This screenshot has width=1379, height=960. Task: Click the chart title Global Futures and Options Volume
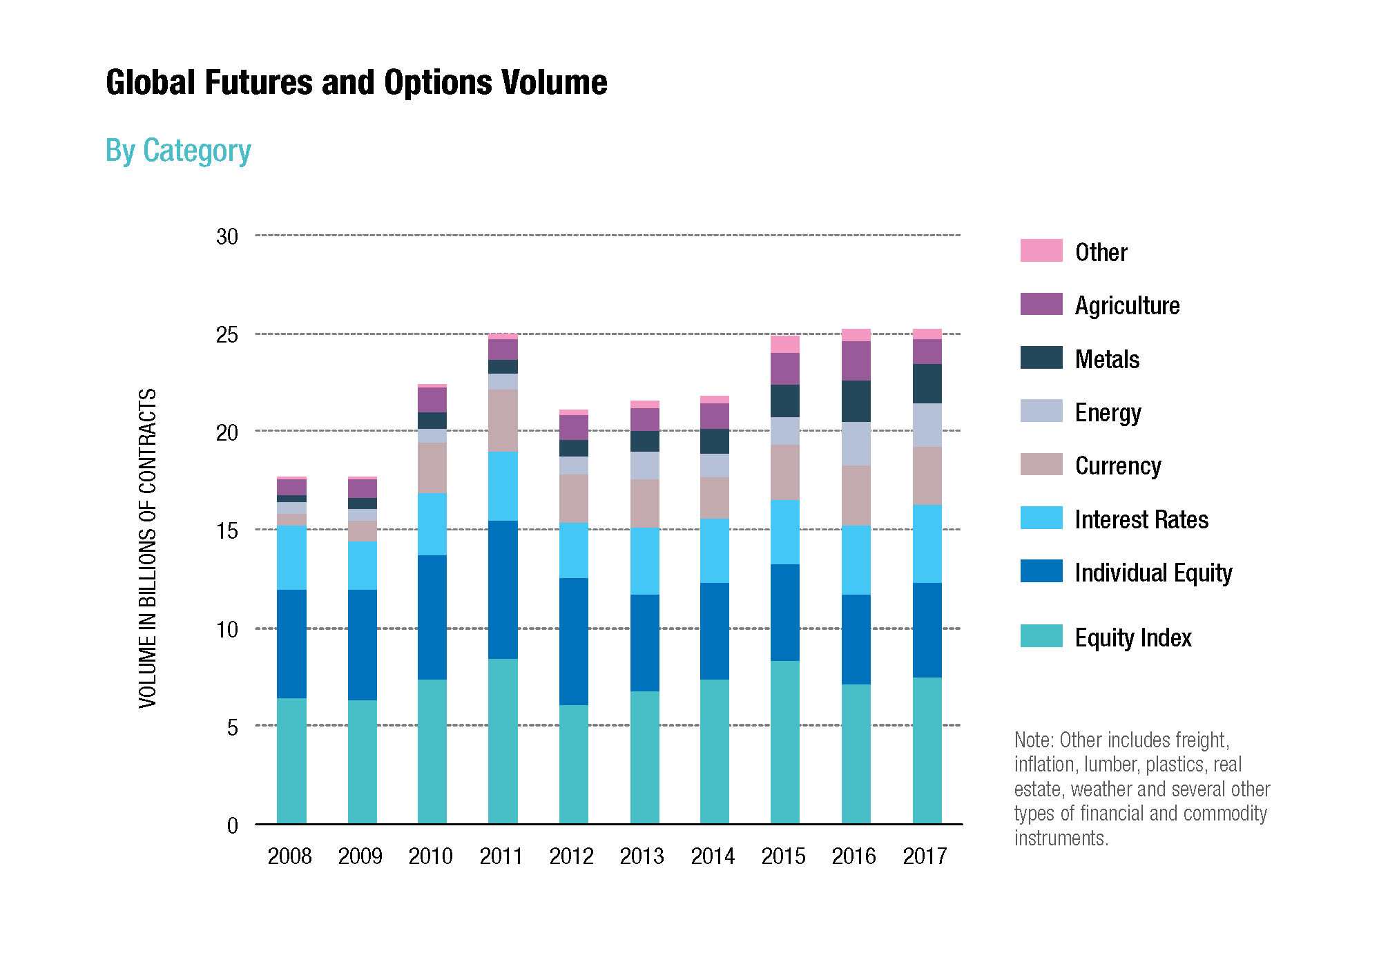tap(356, 83)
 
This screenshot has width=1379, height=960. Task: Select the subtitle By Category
tap(178, 151)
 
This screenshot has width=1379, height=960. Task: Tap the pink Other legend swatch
tap(1041, 251)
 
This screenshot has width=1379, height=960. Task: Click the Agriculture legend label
tap(1127, 305)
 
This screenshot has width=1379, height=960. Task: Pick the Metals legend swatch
tap(1041, 358)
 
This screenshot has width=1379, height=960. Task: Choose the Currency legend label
tap(1118, 466)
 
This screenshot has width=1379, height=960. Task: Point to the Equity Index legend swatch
tap(1041, 636)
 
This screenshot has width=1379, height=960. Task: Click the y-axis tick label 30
tap(227, 237)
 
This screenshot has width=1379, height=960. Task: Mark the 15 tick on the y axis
tap(227, 531)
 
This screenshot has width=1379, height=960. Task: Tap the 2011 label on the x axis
tap(501, 856)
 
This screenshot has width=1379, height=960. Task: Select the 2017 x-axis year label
tap(925, 856)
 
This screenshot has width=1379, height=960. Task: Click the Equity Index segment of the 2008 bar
tap(291, 760)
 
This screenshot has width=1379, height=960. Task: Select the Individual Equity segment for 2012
tap(573, 641)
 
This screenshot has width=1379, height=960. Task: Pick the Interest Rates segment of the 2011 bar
tap(503, 486)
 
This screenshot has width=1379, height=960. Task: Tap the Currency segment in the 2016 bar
tap(856, 495)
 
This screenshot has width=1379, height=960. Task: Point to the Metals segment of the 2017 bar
tap(927, 383)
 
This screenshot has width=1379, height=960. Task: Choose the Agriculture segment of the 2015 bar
tap(784, 369)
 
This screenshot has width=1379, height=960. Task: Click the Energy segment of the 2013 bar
tap(644, 465)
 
